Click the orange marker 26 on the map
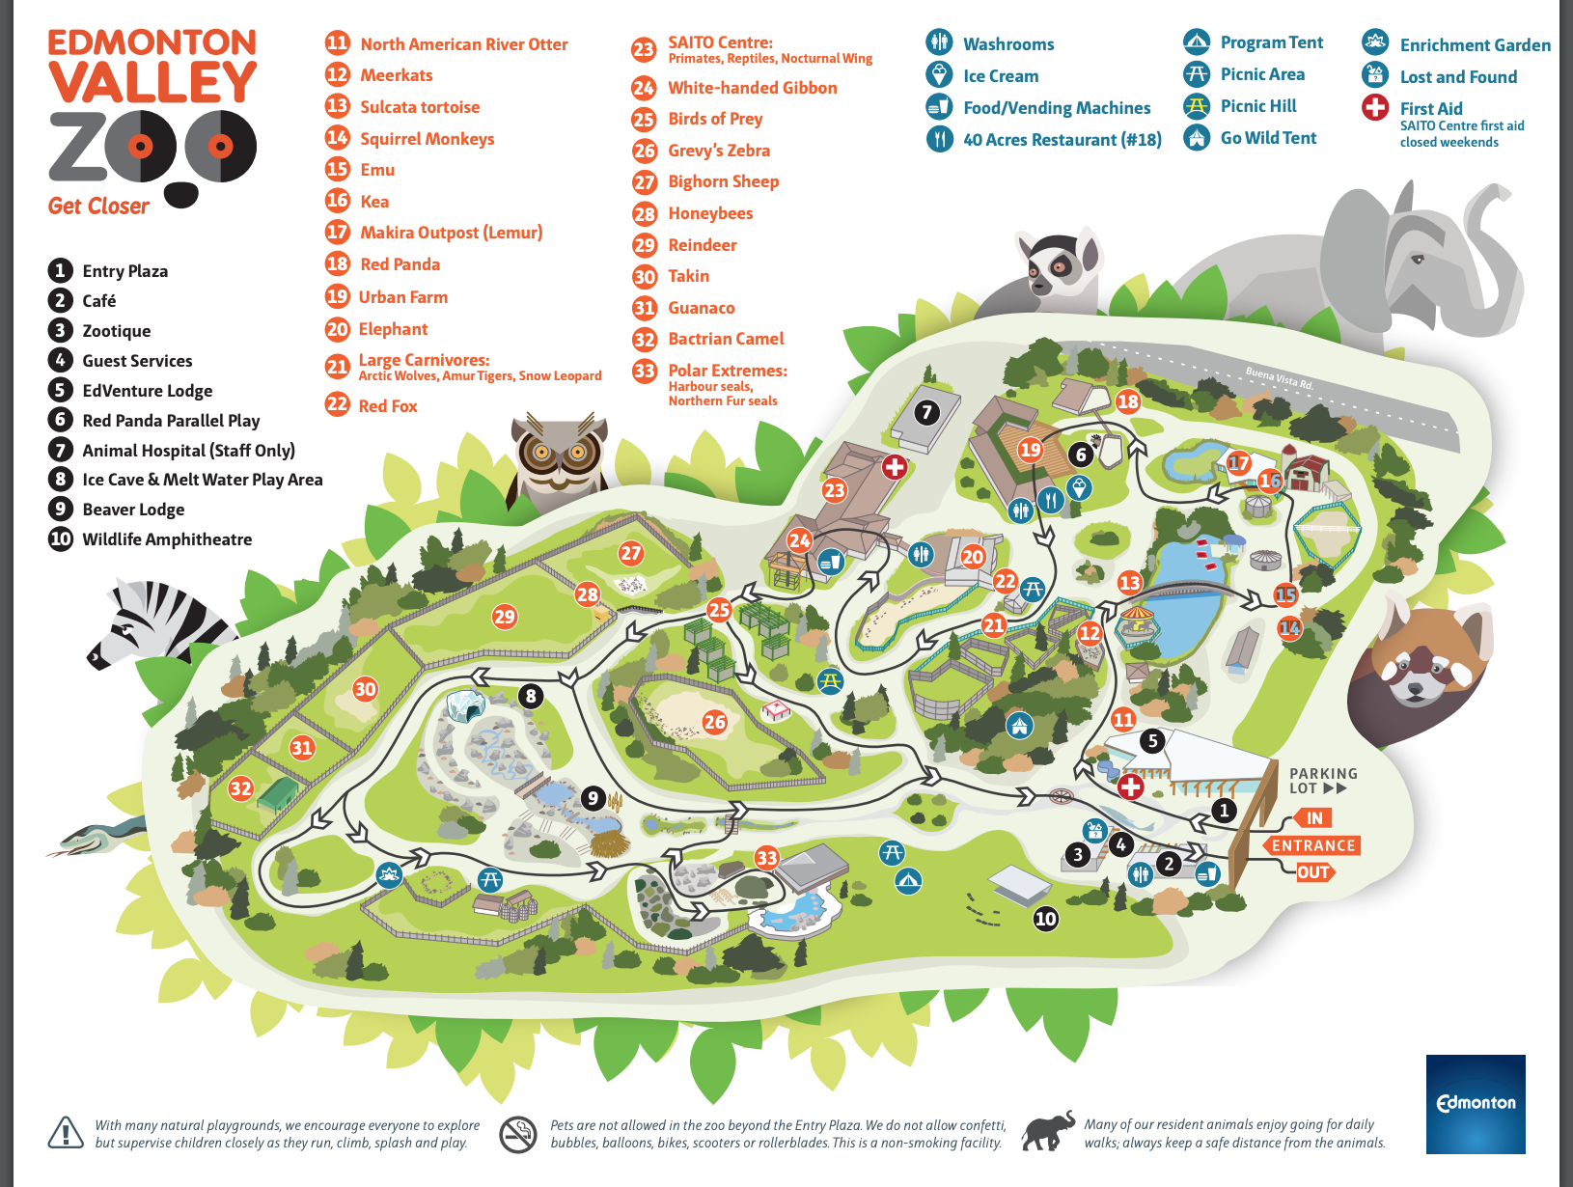pyautogui.click(x=714, y=722)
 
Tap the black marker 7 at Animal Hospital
pyautogui.click(x=926, y=413)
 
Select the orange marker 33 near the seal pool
pyautogui.click(x=766, y=858)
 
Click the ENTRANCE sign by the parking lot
pyautogui.click(x=1312, y=845)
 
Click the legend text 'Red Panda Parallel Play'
pyautogui.click(x=171, y=421)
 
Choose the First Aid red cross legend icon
pyautogui.click(x=1375, y=107)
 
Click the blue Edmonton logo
pyautogui.click(x=1476, y=1103)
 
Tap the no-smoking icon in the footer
pyautogui.click(x=518, y=1134)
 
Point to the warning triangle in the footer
pyautogui.click(x=66, y=1133)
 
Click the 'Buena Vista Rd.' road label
pyautogui.click(x=1279, y=377)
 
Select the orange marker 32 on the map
pyautogui.click(x=240, y=788)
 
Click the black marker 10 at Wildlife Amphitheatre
pyautogui.click(x=1045, y=919)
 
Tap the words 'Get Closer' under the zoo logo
pyautogui.click(x=98, y=207)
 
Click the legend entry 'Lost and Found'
pyautogui.click(x=1457, y=77)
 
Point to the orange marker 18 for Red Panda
pyautogui.click(x=1127, y=401)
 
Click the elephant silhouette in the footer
pyautogui.click(x=1049, y=1131)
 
